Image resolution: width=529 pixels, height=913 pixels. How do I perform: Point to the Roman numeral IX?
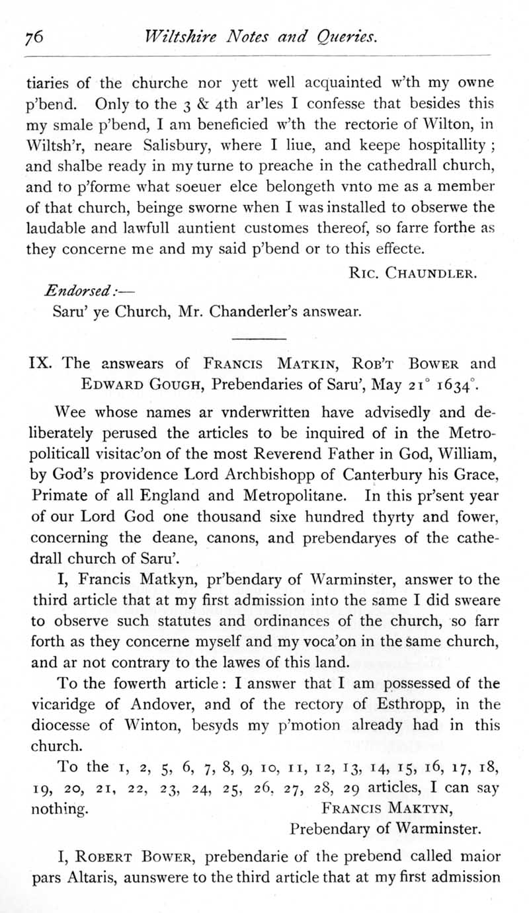click(42, 363)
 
